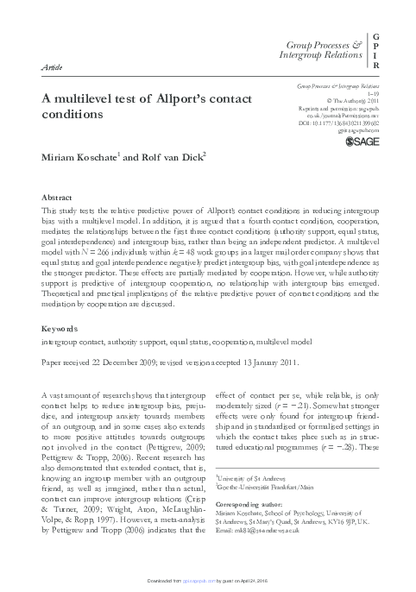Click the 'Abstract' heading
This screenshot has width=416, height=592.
click(x=58, y=198)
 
